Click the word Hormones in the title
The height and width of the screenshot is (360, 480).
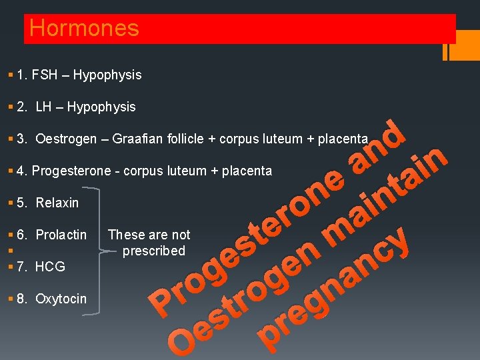84,28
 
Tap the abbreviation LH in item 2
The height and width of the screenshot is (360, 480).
44,107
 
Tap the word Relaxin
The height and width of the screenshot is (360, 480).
57,203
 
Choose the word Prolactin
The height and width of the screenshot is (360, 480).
61,235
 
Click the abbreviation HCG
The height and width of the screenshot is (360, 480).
50,267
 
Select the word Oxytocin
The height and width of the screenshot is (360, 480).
61,299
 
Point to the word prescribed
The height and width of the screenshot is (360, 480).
154,251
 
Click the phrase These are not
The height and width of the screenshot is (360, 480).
149,235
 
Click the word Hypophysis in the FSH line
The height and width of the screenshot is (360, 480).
107,75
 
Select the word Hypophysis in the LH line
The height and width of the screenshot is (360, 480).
101,107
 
